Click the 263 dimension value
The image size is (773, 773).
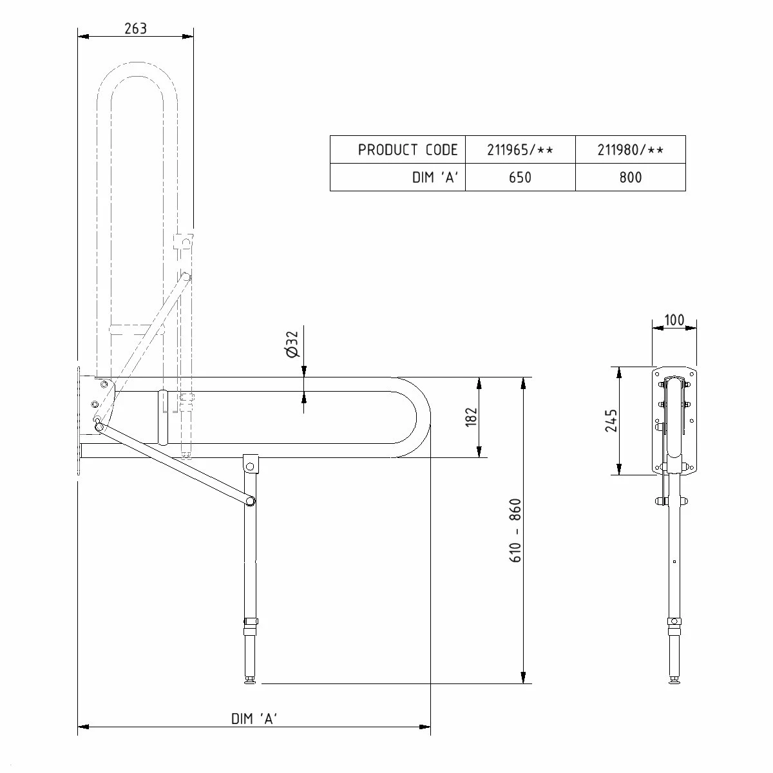pyautogui.click(x=136, y=28)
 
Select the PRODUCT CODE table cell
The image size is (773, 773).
pyautogui.click(x=407, y=150)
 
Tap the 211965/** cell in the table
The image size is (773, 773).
pyautogui.click(x=520, y=150)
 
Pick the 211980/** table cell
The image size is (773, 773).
pyautogui.click(x=630, y=150)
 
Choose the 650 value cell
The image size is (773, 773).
pyautogui.click(x=520, y=178)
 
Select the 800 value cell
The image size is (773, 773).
pyautogui.click(x=630, y=178)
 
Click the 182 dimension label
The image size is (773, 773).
pyautogui.click(x=472, y=417)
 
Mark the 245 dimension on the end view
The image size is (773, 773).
pyautogui.click(x=611, y=421)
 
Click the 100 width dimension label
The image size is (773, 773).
pyautogui.click(x=674, y=320)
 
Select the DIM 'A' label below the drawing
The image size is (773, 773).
pyautogui.click(x=254, y=719)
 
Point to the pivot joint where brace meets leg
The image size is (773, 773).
pyautogui.click(x=251, y=501)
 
